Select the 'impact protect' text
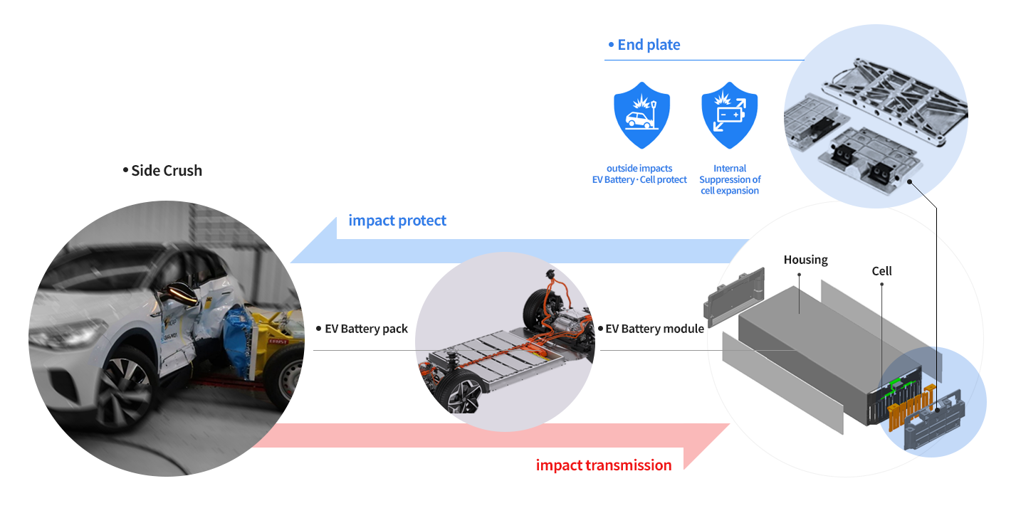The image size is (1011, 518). click(x=397, y=221)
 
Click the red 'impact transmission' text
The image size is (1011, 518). click(x=604, y=465)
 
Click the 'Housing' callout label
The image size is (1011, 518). click(x=806, y=260)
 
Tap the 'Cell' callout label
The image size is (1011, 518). click(x=881, y=270)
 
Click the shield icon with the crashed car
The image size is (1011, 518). click(x=641, y=115)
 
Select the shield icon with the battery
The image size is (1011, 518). click(x=729, y=115)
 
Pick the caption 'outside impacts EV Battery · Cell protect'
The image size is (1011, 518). click(x=639, y=174)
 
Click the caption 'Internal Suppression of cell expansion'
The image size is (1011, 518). click(x=730, y=179)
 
